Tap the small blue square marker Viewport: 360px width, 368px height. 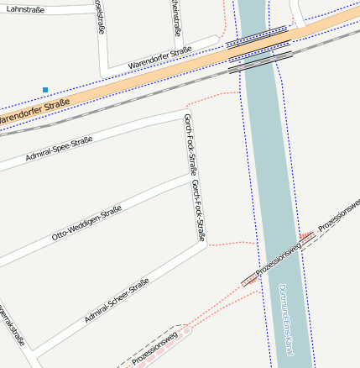(45, 89)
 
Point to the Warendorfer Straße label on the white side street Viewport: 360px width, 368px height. (160, 57)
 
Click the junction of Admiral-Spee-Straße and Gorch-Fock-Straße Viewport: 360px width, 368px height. (184, 112)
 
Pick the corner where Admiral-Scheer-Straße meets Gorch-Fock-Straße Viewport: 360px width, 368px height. (201, 244)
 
